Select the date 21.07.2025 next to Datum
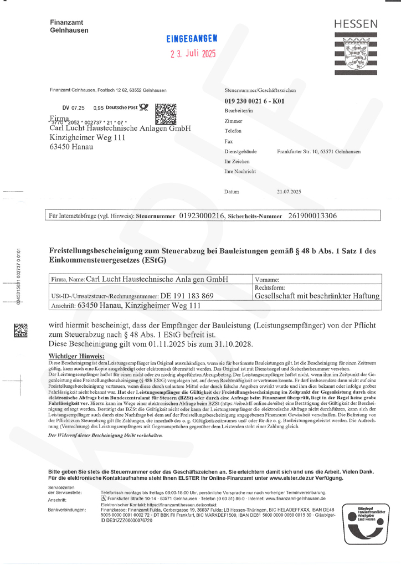coord(288,191)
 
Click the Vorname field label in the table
coord(268,280)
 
